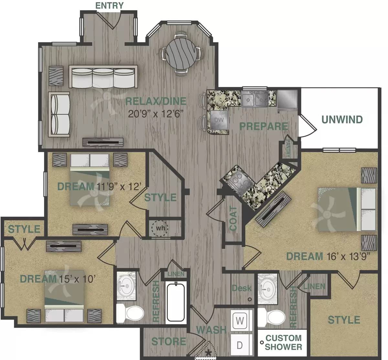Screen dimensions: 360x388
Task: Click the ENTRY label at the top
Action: point(109,5)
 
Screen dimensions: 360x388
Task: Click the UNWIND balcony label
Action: point(342,120)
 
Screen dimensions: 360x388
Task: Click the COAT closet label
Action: point(233,218)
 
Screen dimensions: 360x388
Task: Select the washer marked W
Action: point(240,321)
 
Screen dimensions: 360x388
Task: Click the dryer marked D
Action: point(240,345)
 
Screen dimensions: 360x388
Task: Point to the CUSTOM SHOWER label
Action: point(283,343)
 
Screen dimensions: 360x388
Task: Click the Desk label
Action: point(241,288)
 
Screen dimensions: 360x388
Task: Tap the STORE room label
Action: point(168,341)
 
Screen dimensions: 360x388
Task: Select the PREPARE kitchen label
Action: point(263,126)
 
